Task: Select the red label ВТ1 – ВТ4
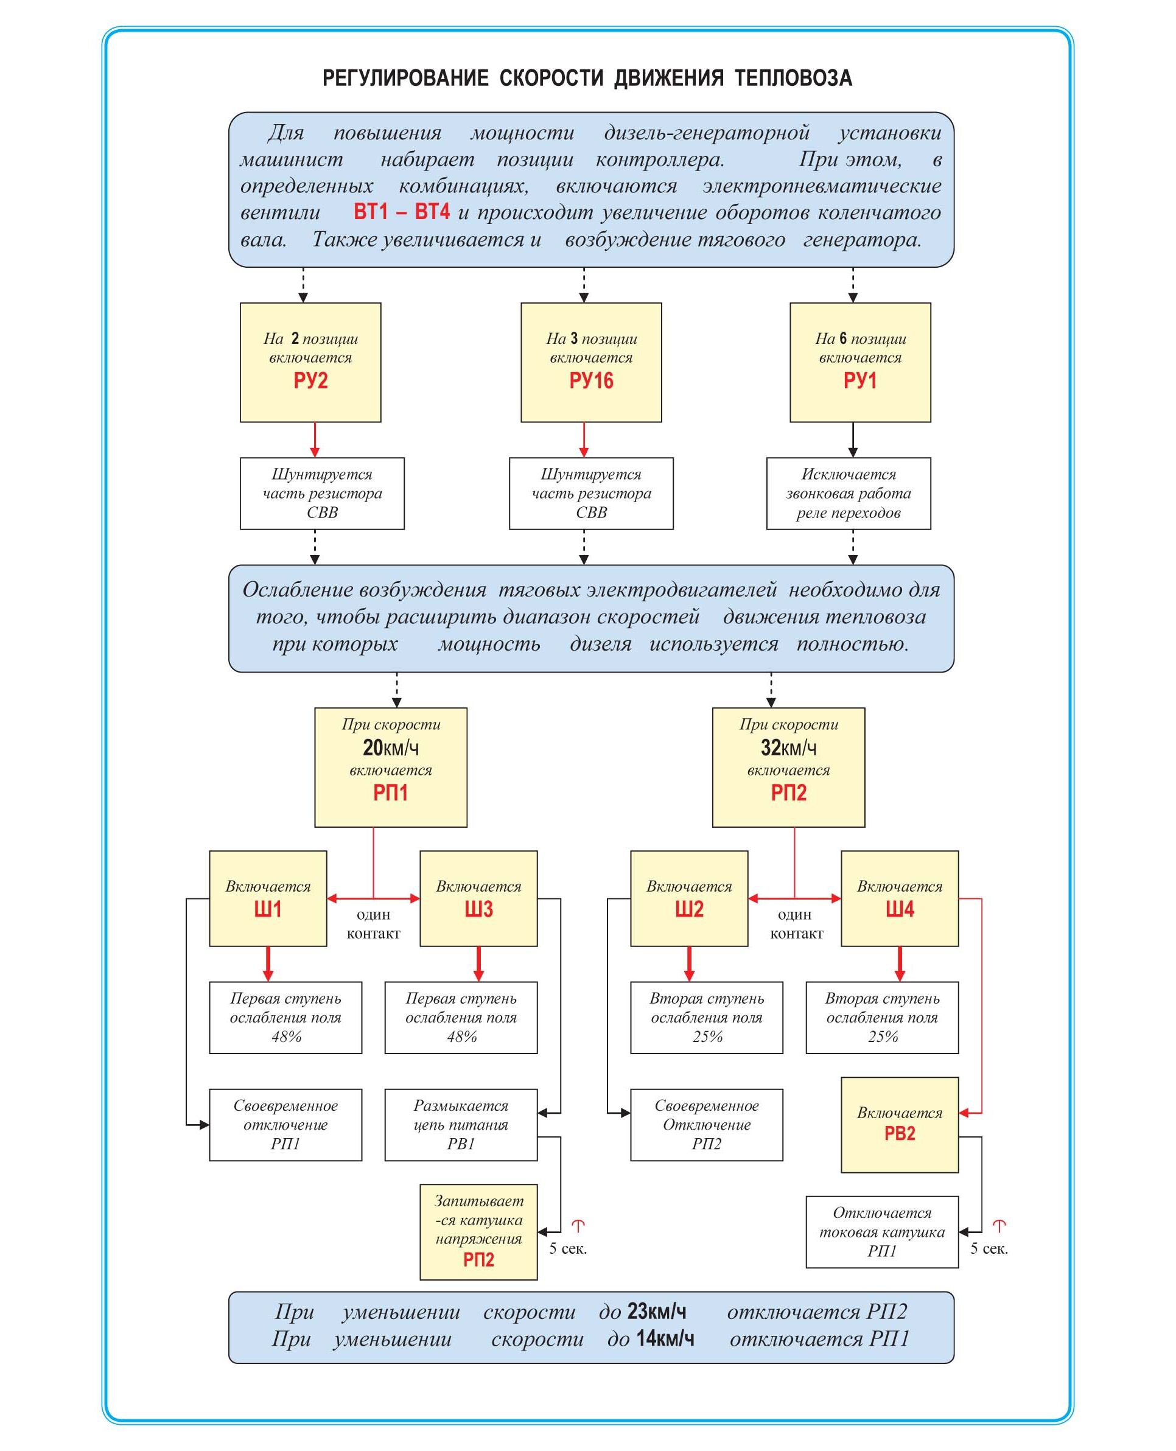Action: point(401,212)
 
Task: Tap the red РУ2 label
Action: point(310,380)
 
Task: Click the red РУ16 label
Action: point(590,380)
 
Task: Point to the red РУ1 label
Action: point(859,380)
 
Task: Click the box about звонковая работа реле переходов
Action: point(848,493)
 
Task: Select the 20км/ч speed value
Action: point(390,748)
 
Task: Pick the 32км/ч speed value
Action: point(788,748)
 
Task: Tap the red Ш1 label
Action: point(268,909)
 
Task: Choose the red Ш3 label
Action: point(478,909)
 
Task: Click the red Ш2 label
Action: point(689,909)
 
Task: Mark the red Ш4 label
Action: point(900,909)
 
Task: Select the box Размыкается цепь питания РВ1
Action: point(461,1125)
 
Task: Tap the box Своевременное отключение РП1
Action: point(285,1125)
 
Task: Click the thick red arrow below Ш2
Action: point(689,963)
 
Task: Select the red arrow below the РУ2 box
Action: point(314,439)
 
